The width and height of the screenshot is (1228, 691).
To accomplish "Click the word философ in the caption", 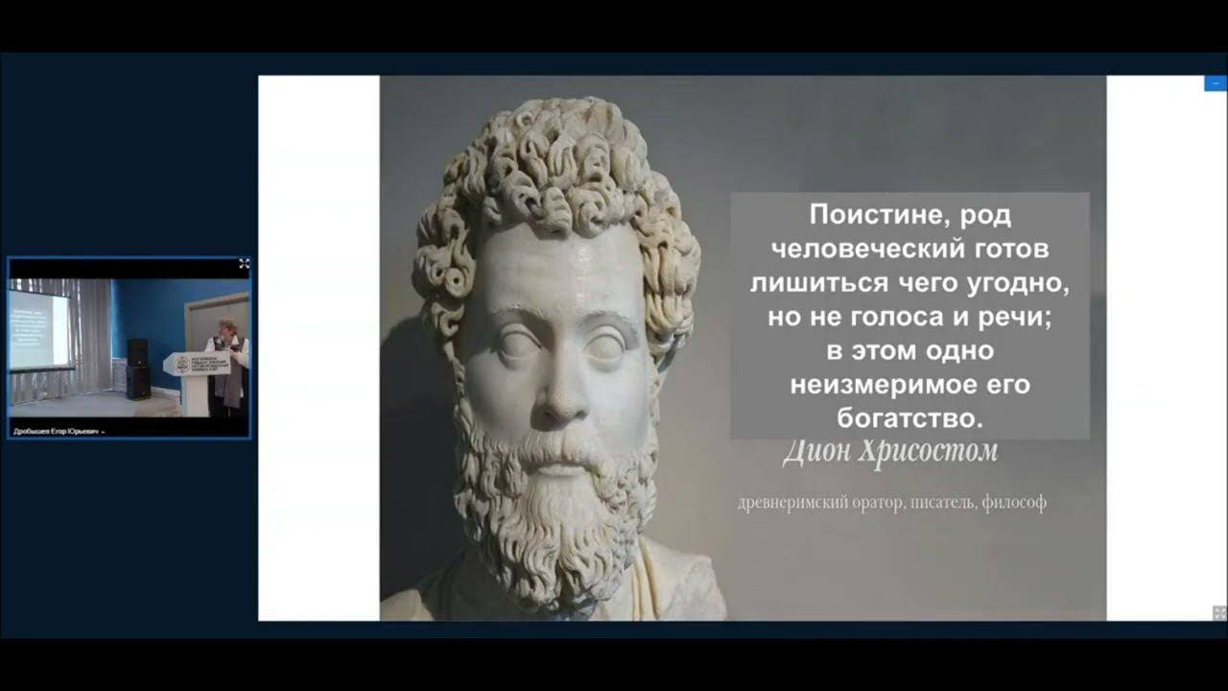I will (1014, 502).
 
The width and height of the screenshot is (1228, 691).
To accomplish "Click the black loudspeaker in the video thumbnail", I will (138, 368).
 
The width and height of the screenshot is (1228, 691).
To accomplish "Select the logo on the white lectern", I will (182, 365).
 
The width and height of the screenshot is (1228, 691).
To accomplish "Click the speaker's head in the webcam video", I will (228, 328).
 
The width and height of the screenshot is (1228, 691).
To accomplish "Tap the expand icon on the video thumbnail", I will (244, 263).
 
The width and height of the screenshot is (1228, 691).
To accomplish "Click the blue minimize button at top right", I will (1216, 83).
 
